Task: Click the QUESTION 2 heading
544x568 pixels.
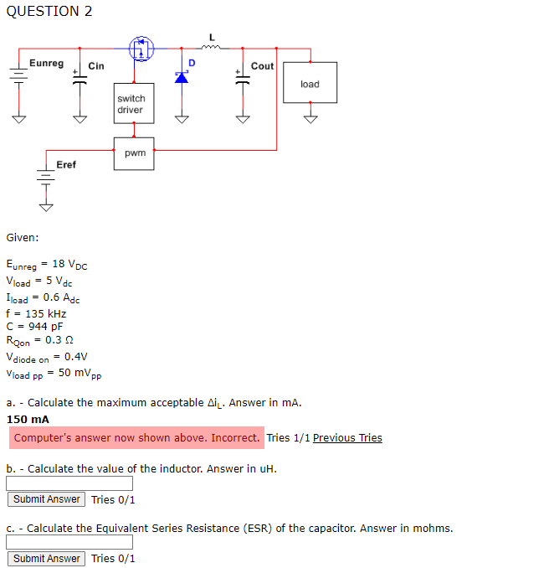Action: click(49, 11)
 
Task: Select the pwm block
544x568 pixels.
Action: click(134, 153)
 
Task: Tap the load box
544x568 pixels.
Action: click(310, 84)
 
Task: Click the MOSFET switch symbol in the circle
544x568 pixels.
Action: click(142, 49)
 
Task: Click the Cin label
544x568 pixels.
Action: click(96, 66)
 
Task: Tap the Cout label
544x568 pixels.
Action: click(262, 66)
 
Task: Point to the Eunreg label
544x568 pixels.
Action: click(46, 64)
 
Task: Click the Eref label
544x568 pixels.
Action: click(66, 165)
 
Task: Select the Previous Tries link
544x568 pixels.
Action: click(347, 437)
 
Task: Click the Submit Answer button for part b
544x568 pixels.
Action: click(47, 499)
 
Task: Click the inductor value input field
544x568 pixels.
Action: click(69, 483)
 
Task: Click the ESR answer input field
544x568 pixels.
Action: click(69, 543)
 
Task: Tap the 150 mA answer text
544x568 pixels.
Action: click(28, 419)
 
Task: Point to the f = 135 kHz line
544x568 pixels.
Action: click(36, 313)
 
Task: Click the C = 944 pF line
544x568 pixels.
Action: click(34, 327)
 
